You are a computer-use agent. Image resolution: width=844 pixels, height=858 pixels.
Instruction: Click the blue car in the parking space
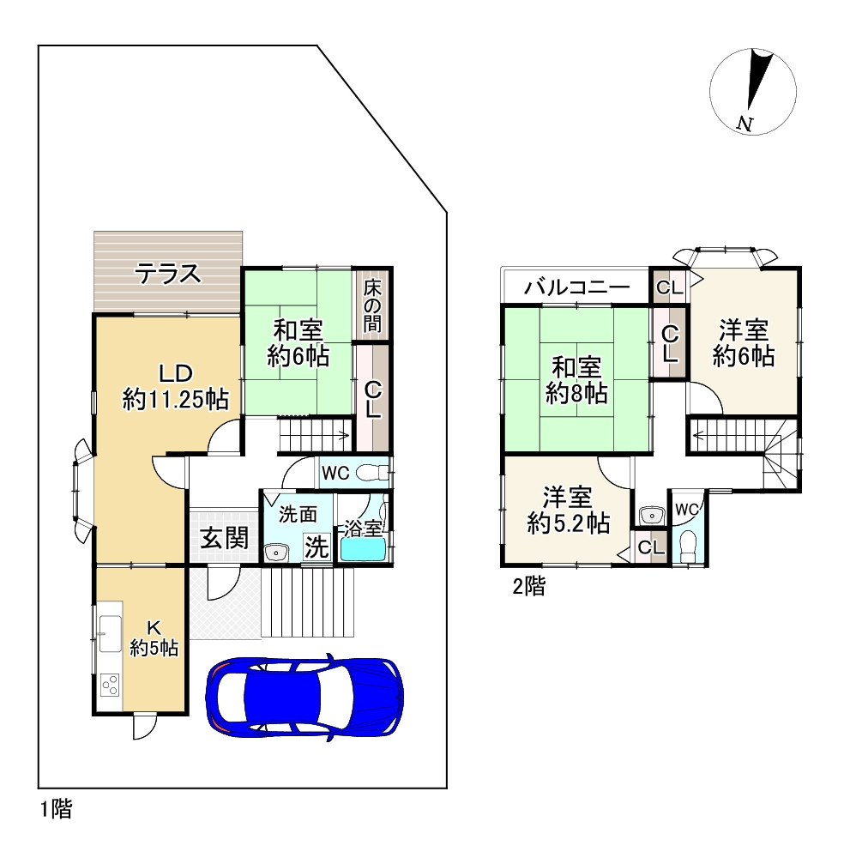pos(304,697)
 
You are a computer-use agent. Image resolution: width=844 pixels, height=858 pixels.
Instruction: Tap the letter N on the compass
pos(745,124)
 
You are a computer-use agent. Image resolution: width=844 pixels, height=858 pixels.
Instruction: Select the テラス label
pos(168,275)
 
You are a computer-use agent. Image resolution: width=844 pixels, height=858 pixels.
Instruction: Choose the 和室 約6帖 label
pos(298,343)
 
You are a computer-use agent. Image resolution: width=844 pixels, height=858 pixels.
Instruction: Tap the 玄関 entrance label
pos(225,539)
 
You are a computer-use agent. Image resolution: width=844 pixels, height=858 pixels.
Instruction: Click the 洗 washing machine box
pos(317,547)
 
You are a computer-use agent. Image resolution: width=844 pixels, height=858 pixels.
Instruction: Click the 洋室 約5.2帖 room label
pos(568,511)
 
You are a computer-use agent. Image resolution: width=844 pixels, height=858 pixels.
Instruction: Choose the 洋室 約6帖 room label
pos(744,342)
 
